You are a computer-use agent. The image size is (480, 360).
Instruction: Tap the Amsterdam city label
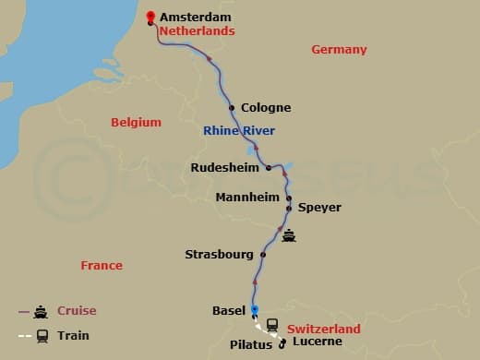[x=197, y=18]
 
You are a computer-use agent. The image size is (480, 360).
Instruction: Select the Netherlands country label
[x=197, y=30]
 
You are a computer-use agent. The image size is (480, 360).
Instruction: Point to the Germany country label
[x=339, y=50]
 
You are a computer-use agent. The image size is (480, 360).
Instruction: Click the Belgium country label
[x=136, y=122]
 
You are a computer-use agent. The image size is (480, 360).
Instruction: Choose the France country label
[x=102, y=265]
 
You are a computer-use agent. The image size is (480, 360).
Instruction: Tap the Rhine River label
[x=239, y=131]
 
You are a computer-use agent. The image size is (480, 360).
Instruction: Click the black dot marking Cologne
[x=232, y=107]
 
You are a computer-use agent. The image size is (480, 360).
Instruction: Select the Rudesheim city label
[x=225, y=168]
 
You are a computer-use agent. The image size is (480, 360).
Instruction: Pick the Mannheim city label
[x=246, y=198]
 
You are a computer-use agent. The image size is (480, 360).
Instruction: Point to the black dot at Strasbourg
[x=263, y=254]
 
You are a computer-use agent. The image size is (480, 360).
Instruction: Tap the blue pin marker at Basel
[x=255, y=311]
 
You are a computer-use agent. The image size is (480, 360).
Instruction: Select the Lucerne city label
[x=317, y=342]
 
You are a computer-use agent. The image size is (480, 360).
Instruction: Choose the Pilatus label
[x=248, y=345]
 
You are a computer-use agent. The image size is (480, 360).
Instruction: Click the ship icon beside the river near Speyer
[x=290, y=234]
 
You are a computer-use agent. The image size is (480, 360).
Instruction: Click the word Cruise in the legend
[x=77, y=311]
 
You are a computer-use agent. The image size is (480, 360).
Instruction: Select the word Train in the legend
[x=72, y=336]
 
